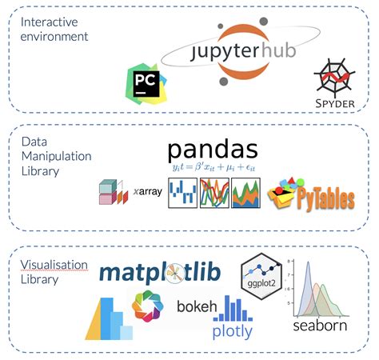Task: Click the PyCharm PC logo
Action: pos(145,84)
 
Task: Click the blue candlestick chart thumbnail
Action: pos(182,194)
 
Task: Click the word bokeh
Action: pos(195,306)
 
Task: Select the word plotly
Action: pos(232,330)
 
